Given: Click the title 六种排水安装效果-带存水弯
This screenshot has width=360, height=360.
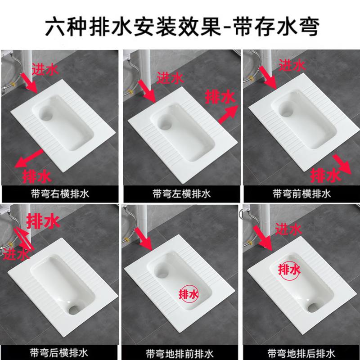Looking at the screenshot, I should tap(180, 26).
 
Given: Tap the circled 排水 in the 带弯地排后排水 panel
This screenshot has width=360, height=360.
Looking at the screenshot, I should tap(288, 270).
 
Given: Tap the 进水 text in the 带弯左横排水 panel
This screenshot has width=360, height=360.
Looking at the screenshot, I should tap(170, 79).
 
